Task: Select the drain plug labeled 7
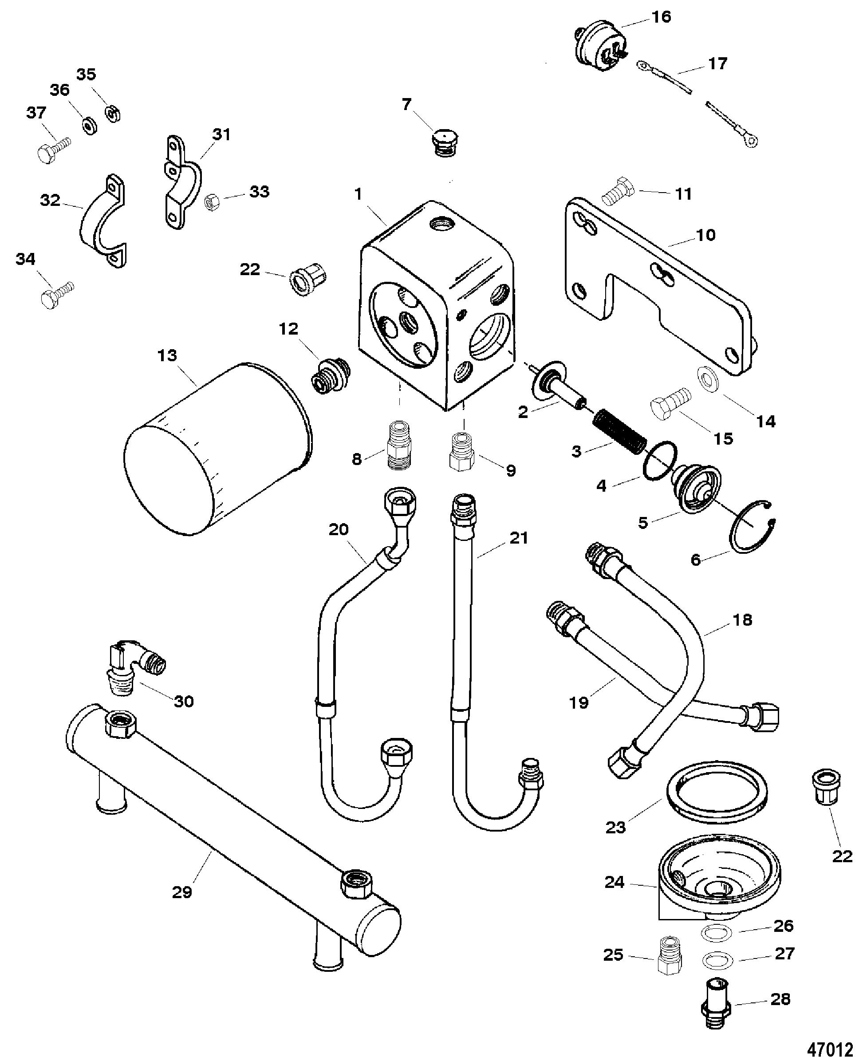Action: pos(444,143)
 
